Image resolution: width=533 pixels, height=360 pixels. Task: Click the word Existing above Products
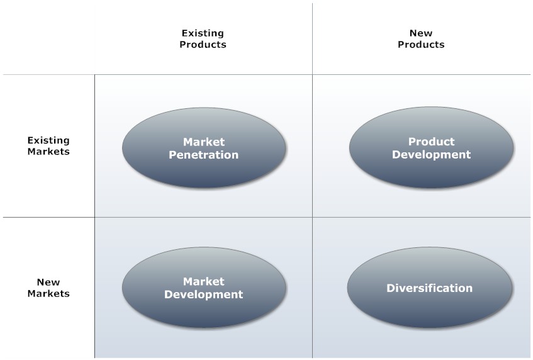pos(203,33)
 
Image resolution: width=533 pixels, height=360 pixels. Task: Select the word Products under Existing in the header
pos(203,45)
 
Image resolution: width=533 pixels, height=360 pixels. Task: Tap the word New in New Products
pos(421,33)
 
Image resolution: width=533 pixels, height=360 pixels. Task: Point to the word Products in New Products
pos(421,45)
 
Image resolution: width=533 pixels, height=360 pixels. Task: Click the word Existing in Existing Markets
pos(48,140)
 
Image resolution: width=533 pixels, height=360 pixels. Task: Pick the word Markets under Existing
pos(48,152)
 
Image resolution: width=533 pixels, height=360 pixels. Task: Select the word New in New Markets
pos(48,282)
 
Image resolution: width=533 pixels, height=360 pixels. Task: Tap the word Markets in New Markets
pos(48,293)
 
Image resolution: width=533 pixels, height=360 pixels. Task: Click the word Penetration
pos(204,155)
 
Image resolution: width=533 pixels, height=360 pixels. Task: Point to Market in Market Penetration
pos(204,142)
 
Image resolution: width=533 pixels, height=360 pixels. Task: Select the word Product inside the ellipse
pos(431,142)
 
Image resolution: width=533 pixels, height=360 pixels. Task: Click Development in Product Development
pos(431,155)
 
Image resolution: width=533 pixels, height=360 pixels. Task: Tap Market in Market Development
pos(204,281)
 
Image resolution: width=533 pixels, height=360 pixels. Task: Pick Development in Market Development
pos(204,295)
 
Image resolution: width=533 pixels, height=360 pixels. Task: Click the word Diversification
pos(429,288)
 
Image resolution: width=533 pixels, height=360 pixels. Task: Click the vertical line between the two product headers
pos(312,39)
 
